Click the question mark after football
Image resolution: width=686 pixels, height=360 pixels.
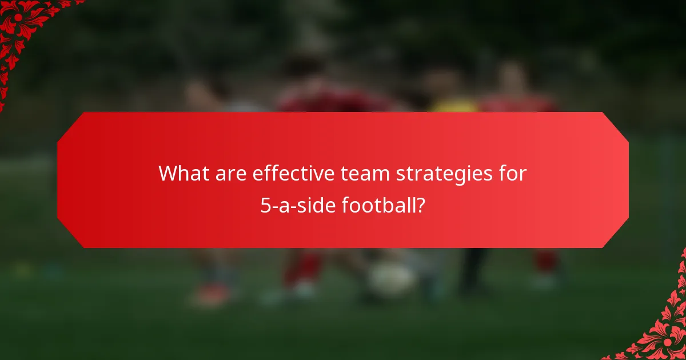point(421,205)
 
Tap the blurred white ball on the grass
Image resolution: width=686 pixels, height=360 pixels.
point(391,278)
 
